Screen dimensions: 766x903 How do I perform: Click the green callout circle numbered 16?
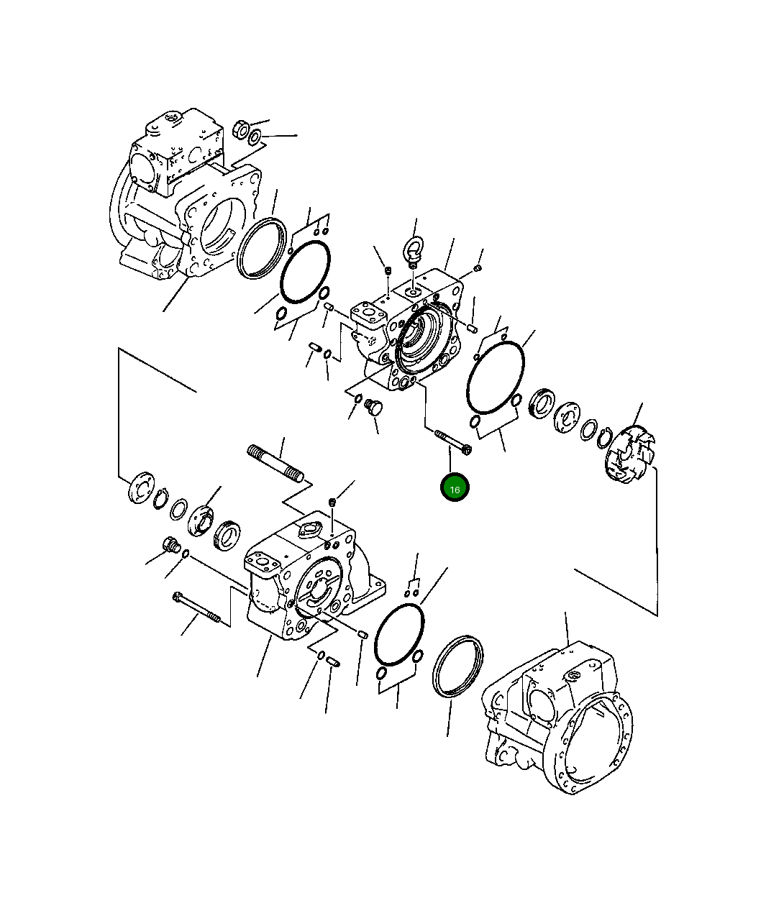coord(455,487)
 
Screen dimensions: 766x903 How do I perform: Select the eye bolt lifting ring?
coord(412,252)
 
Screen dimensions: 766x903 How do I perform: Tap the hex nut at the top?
coord(241,129)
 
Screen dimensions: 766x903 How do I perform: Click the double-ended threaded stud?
coord(275,463)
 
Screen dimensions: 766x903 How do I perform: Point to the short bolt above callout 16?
coord(453,443)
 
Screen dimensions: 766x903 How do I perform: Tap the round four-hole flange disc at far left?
coord(142,487)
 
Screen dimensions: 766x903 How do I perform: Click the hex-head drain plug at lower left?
coord(172,545)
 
